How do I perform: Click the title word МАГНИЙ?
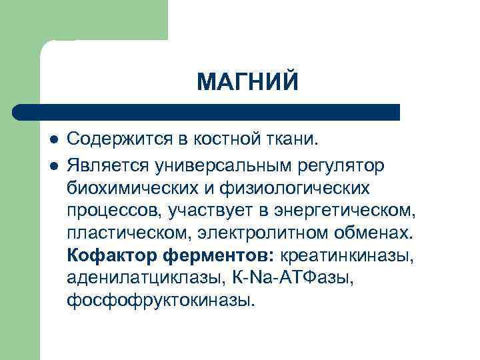pyautogui.click(x=248, y=83)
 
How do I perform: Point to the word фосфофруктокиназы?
pyautogui.click(x=161, y=301)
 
